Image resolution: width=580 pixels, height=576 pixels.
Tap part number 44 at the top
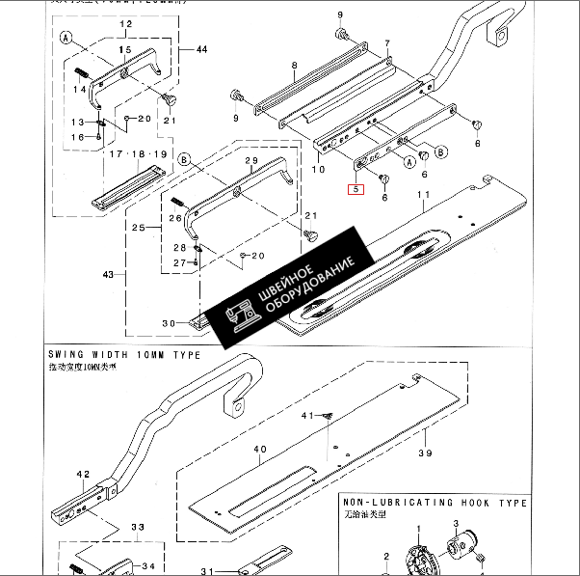pos(200,49)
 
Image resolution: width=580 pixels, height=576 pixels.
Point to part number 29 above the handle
pos(251,160)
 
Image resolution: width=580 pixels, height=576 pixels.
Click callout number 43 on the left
pos(108,275)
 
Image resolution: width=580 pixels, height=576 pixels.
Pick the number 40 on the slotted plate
pos(260,450)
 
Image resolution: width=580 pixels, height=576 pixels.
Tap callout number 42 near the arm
pos(82,474)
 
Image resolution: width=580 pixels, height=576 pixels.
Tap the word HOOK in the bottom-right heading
pos(482,504)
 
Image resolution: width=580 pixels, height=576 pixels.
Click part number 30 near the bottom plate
pos(168,322)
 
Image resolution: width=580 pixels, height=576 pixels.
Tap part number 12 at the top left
pos(126,22)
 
